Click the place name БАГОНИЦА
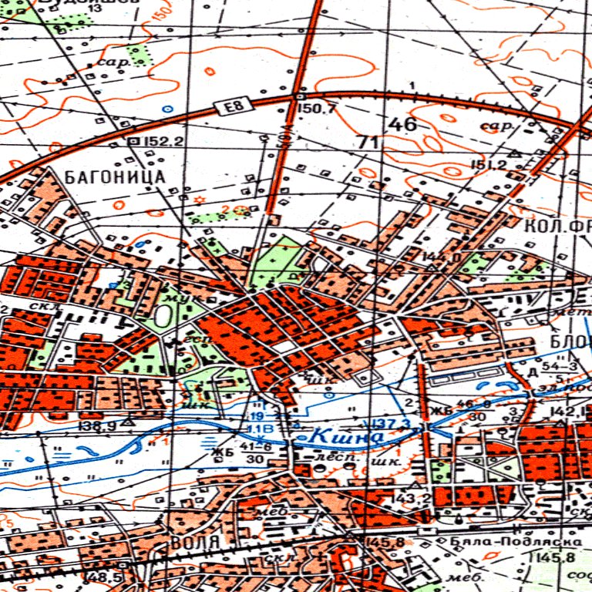pos(116,177)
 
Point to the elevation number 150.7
pos(317,109)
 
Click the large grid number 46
pos(402,124)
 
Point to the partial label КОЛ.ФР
pos(556,227)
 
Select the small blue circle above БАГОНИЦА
pos(166,109)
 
